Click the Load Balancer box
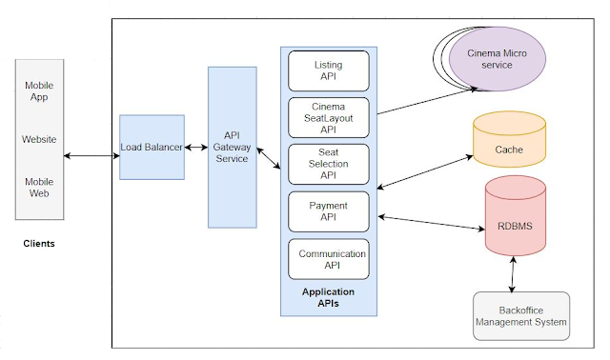(152, 147)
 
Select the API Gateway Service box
(233, 147)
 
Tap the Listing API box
(328, 71)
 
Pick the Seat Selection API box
(328, 164)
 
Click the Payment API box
(328, 211)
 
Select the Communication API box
(328, 259)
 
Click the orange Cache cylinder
(508, 150)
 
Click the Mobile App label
(39, 91)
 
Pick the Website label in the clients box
(39, 139)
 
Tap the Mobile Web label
(39, 187)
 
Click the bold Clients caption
(39, 244)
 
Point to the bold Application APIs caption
(328, 298)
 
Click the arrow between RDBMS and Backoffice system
(515, 274)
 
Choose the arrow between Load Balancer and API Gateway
(196, 147)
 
